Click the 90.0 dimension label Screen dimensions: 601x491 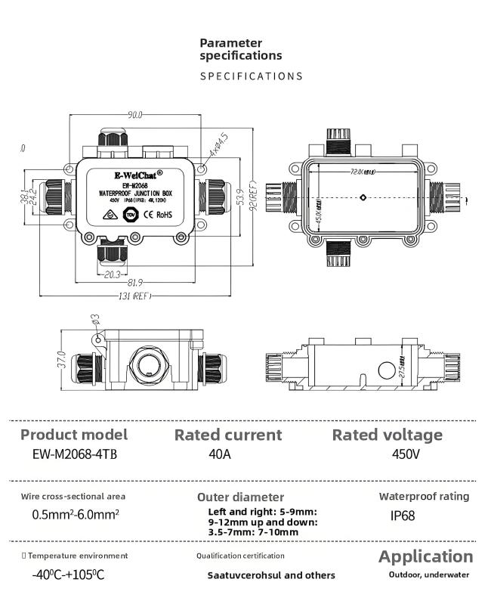click(134, 115)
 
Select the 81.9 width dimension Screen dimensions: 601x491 click(134, 282)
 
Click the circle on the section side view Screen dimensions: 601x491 click(387, 370)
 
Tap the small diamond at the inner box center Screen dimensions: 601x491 click(364, 198)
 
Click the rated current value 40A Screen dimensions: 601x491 click(219, 454)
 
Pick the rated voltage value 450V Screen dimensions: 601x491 click(405, 454)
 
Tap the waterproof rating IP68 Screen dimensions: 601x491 click(403, 516)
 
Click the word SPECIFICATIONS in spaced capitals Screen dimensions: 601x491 click(251, 76)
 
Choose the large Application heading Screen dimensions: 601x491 click(425, 557)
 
